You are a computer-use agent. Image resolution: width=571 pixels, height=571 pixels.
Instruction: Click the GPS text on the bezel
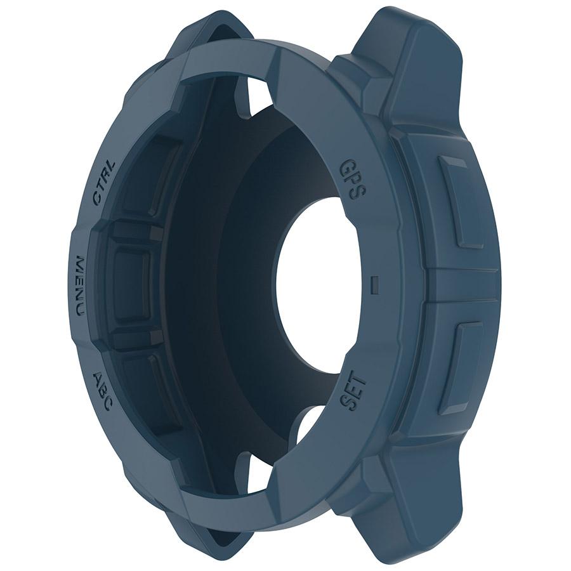[352, 180]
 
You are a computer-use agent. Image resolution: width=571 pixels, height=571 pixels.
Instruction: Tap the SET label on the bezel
[353, 391]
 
